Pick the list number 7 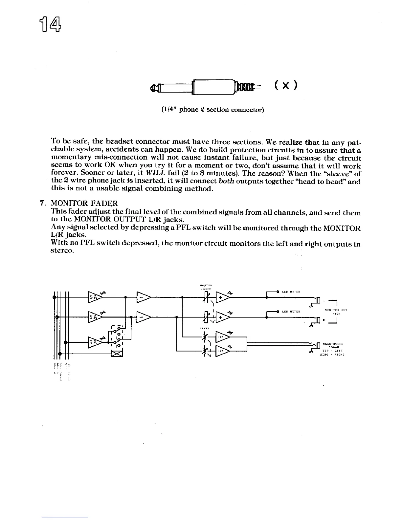[x=42, y=203]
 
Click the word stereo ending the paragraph [x=63, y=251]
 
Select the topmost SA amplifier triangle [x=94, y=297]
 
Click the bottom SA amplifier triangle [x=94, y=342]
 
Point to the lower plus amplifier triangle [x=222, y=317]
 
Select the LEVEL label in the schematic [x=205, y=328]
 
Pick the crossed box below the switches [x=117, y=354]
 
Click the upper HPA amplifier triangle [x=222, y=337]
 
